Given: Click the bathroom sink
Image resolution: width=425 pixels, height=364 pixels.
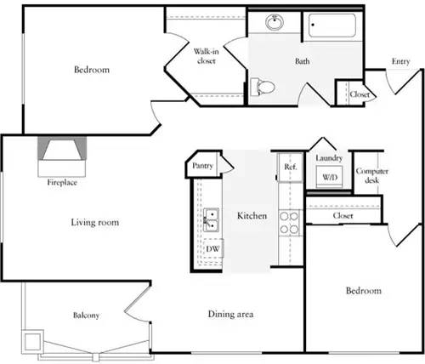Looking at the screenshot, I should pyautogui.click(x=275, y=22).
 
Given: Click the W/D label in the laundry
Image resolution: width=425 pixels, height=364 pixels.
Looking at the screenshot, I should pyautogui.click(x=329, y=177).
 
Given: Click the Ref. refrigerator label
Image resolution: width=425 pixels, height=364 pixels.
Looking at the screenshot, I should pyautogui.click(x=290, y=167).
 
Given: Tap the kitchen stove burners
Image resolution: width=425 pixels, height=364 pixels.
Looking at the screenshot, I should pyautogui.click(x=290, y=223).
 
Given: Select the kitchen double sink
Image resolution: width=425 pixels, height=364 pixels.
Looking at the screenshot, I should pyautogui.click(x=210, y=219).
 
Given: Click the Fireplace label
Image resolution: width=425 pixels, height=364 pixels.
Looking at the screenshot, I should pyautogui.click(x=61, y=182).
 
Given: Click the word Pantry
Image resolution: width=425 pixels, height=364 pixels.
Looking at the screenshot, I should pyautogui.click(x=202, y=166).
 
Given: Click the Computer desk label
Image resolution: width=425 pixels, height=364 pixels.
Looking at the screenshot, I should pyautogui.click(x=372, y=176).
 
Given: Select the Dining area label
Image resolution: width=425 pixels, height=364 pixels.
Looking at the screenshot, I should pyautogui.click(x=231, y=315).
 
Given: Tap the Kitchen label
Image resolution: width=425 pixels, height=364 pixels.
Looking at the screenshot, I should pyautogui.click(x=252, y=216).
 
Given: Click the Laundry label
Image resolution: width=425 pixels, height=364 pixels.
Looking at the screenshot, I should pyautogui.click(x=328, y=158).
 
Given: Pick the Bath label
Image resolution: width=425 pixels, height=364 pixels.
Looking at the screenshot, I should pyautogui.click(x=303, y=61).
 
